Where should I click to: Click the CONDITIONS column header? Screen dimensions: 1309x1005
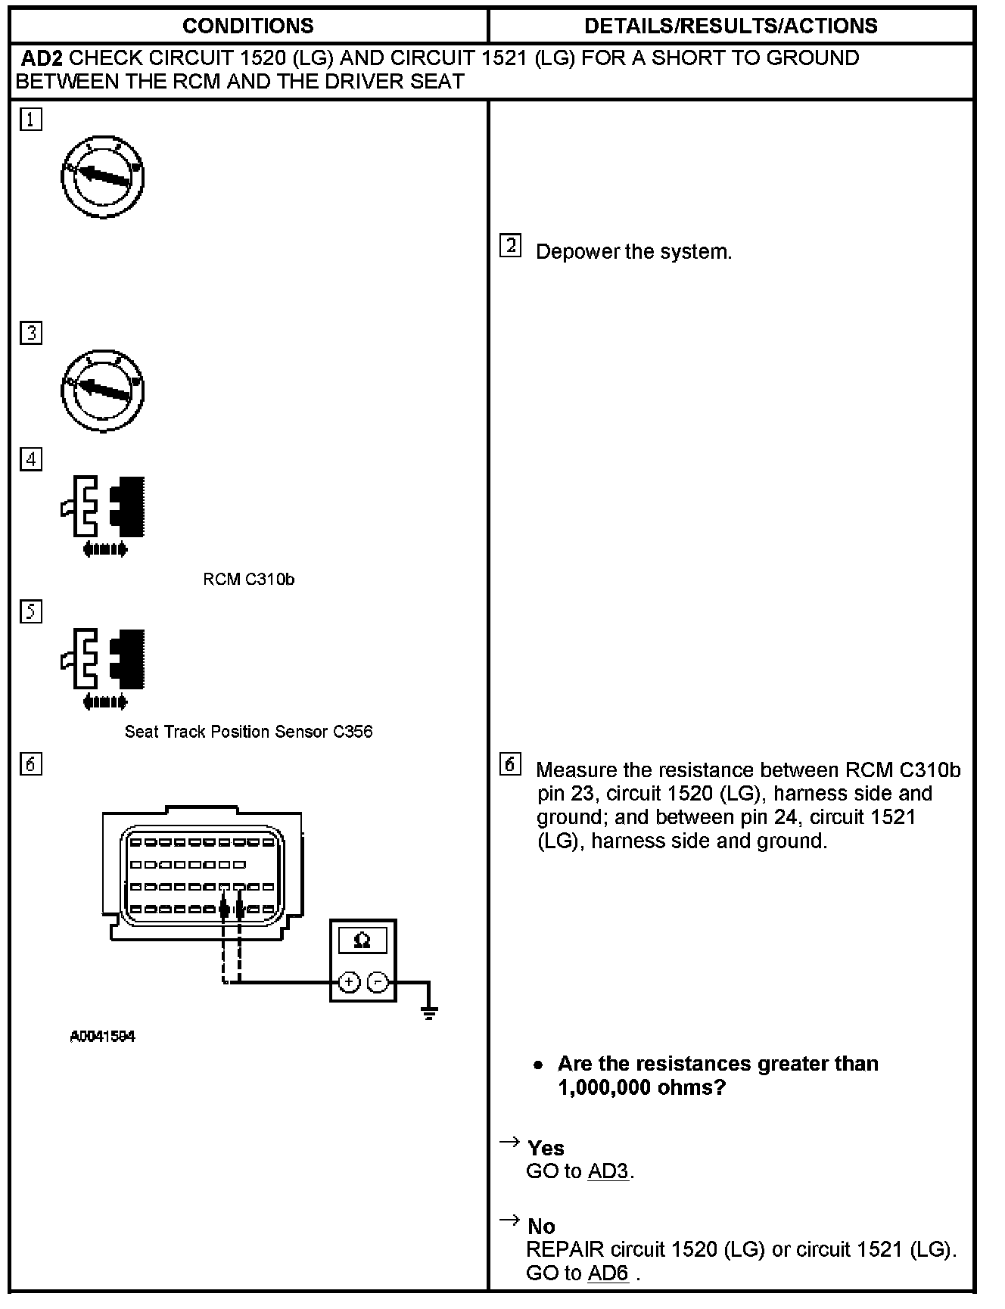(248, 26)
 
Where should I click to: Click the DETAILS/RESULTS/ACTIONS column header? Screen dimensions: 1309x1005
(731, 26)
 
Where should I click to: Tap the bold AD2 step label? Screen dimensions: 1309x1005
(42, 58)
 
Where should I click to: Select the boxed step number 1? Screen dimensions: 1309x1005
(31, 120)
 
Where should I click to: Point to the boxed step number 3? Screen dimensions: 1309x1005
(31, 333)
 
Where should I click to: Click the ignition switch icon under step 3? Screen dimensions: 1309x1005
(102, 390)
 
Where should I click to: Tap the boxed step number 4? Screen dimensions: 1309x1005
(31, 459)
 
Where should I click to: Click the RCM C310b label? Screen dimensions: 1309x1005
(248, 580)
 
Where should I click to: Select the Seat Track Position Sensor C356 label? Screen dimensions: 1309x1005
(248, 732)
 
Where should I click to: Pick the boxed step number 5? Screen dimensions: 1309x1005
(31, 611)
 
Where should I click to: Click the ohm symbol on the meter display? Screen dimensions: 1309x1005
(362, 941)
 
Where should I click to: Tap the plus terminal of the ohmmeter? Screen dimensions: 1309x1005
(348, 982)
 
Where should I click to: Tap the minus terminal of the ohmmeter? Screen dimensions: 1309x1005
(378, 982)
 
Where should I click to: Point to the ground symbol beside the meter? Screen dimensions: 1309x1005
(429, 1011)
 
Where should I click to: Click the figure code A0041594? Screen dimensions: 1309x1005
(102, 1037)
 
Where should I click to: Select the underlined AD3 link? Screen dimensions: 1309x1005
(608, 1171)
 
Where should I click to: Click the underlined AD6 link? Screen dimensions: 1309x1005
(608, 1273)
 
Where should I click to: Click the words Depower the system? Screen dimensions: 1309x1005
(633, 252)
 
